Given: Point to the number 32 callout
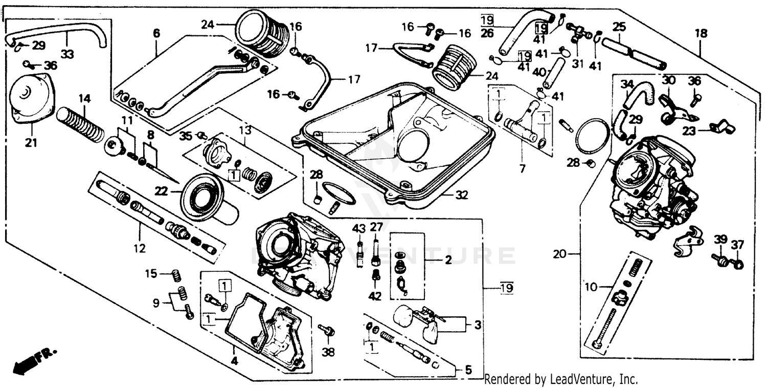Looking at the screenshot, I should click(x=461, y=195).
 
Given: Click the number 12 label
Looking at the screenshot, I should click(x=140, y=249).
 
